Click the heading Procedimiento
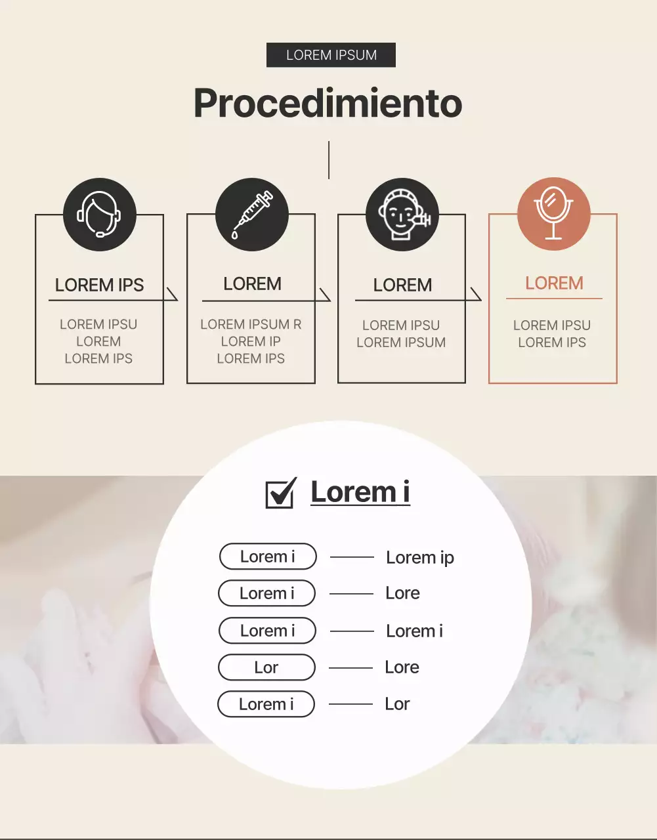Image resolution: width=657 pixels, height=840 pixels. [328, 103]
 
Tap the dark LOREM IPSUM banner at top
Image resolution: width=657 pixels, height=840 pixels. [331, 55]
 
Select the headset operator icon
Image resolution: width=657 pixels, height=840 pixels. [100, 215]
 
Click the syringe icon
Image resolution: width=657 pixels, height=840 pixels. [252, 215]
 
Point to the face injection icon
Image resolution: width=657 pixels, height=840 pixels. [402, 215]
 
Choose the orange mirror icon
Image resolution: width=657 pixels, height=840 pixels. [554, 214]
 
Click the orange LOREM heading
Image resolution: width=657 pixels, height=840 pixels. [554, 283]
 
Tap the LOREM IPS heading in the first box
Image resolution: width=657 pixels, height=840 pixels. [99, 285]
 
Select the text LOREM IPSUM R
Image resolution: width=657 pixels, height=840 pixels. [251, 324]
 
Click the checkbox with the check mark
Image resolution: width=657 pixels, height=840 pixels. [280, 493]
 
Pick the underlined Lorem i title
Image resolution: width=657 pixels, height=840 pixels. [360, 492]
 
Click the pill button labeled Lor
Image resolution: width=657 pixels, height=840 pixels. [266, 667]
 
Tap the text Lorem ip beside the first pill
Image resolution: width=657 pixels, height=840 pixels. [420, 558]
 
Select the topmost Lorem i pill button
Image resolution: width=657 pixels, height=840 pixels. [268, 556]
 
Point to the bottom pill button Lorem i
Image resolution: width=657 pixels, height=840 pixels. [266, 704]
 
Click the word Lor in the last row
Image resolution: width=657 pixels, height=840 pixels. [397, 704]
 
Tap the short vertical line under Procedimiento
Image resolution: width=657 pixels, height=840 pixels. [329, 159]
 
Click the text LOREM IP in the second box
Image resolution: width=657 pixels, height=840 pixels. [251, 341]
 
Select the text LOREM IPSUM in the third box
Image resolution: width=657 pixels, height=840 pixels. [401, 343]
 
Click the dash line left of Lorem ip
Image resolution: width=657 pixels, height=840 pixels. [352, 557]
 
